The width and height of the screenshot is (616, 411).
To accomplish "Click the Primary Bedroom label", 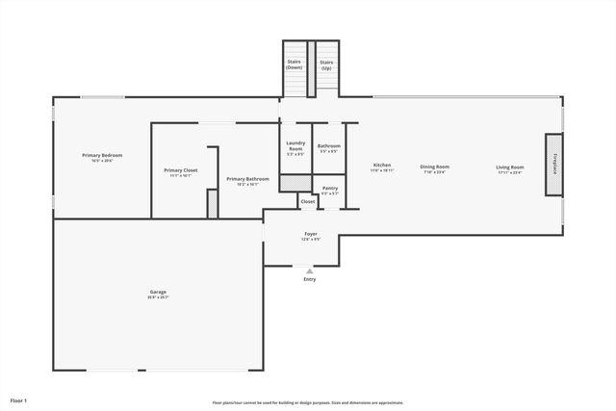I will pos(101,155).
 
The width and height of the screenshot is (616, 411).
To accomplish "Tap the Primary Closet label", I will pos(181,170).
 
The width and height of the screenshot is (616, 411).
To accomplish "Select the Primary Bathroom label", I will pos(247,178).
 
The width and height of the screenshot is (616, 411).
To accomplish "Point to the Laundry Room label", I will pos(295,145).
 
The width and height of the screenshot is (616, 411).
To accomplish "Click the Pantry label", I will pos(329,188).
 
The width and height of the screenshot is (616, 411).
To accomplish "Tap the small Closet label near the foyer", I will pos(308,201).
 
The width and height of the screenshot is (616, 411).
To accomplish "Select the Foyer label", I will pos(311,234).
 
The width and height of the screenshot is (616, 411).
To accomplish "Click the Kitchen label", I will pos(382,166).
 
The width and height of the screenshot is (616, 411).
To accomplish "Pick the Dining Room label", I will pos(435,167).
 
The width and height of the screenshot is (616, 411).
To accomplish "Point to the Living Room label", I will pos(510,167).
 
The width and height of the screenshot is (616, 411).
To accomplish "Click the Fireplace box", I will pos(554,164).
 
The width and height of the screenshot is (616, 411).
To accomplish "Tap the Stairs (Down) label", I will pos(294,64).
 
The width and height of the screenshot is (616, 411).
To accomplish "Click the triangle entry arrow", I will pos(309,271).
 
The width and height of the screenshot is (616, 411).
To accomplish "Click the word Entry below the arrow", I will pos(309,279).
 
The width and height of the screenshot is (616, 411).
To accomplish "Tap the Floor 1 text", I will pos(18,399).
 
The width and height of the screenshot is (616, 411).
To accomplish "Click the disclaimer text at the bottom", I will pos(308,402).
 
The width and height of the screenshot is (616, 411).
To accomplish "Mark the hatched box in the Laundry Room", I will pos(295,181).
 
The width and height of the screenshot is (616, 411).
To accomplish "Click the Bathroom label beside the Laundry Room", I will pos(329,145).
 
